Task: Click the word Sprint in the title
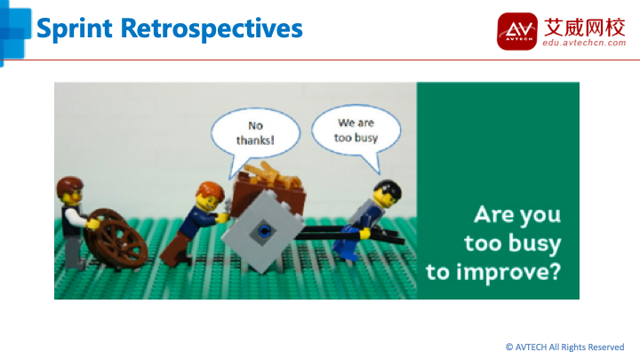click(x=75, y=29)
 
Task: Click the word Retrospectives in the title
click(x=212, y=29)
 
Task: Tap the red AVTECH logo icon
click(x=517, y=31)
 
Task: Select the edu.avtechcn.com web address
click(x=584, y=43)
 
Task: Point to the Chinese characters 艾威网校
click(x=585, y=27)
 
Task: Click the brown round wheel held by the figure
click(x=116, y=238)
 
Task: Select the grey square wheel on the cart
click(x=263, y=231)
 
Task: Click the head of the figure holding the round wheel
click(x=70, y=191)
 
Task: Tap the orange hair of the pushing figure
click(x=210, y=191)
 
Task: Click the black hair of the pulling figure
click(x=388, y=188)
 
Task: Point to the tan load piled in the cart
click(x=273, y=175)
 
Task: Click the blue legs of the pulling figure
click(x=347, y=246)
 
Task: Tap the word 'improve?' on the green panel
click(x=509, y=272)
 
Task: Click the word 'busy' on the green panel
click(x=535, y=244)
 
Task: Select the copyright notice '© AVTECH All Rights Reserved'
click(x=565, y=348)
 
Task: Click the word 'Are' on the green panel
click(x=488, y=214)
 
